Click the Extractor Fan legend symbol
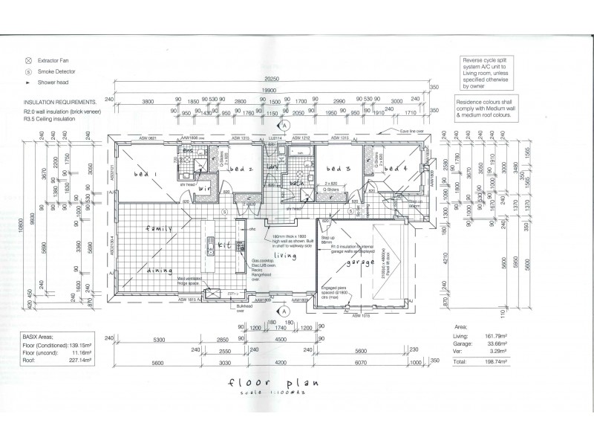coord(28,59)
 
